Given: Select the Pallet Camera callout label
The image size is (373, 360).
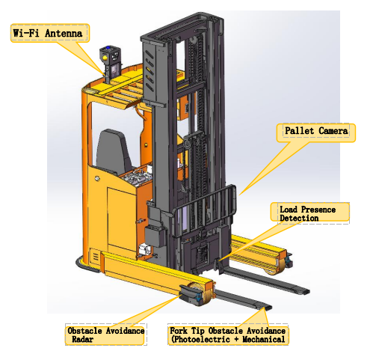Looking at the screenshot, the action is [x=316, y=132].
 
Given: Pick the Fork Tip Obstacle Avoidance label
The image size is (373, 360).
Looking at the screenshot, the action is [x=228, y=335].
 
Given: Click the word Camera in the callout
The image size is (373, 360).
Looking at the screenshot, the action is [x=333, y=131].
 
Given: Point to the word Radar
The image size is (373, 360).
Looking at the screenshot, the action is [x=82, y=339].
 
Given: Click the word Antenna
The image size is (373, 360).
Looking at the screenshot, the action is [x=64, y=33].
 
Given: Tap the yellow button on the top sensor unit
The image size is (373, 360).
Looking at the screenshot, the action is [x=105, y=58].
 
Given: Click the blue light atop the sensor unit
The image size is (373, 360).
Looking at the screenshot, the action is [x=108, y=48].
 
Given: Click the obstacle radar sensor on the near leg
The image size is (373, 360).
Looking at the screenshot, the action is [x=191, y=294].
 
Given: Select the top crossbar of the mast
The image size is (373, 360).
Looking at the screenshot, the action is [x=181, y=28].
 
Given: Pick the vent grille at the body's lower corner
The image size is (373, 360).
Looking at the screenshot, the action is [x=95, y=257].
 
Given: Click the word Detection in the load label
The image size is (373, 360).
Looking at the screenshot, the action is [x=299, y=218].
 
